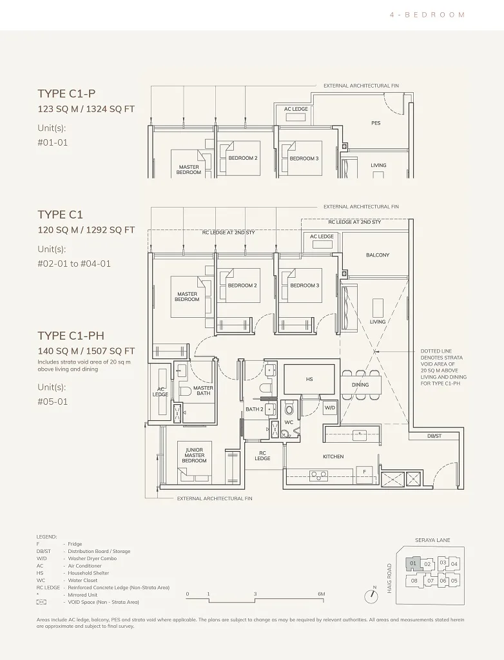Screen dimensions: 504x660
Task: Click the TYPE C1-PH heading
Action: (x=71, y=335)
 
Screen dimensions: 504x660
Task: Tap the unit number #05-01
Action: (x=53, y=402)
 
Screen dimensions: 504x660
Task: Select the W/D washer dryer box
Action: (x=330, y=407)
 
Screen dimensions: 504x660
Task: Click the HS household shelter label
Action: (x=309, y=379)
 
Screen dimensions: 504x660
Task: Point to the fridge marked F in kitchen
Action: (x=365, y=472)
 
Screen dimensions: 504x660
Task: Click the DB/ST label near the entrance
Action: (x=434, y=436)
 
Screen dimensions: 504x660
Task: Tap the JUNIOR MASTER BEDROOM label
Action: (x=194, y=456)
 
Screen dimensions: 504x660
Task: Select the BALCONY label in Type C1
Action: (x=378, y=255)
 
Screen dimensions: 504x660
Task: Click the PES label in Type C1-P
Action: (x=376, y=123)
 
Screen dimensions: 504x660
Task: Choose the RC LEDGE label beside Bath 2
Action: (x=262, y=456)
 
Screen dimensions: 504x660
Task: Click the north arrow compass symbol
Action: (x=371, y=596)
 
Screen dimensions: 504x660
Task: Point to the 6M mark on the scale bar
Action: (x=321, y=594)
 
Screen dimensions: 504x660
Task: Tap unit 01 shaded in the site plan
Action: (x=413, y=563)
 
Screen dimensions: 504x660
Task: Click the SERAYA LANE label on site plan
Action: (x=432, y=540)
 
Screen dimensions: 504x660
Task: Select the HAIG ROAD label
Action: (x=389, y=579)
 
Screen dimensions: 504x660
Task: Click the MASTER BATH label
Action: (x=203, y=391)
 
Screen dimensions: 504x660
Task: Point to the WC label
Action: (x=289, y=422)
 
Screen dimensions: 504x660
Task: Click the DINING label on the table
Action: (x=360, y=385)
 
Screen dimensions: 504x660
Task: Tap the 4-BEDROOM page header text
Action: (x=427, y=15)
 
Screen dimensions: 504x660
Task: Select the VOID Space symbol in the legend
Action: (x=41, y=603)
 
